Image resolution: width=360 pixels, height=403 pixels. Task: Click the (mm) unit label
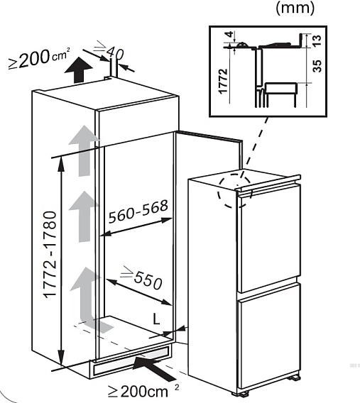click(295, 8)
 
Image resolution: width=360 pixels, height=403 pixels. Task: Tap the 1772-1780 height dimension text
click(50, 255)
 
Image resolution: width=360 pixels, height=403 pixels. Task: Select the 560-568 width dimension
click(138, 211)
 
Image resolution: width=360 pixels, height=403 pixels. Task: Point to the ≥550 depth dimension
click(143, 277)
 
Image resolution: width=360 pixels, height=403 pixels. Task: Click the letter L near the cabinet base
click(156, 319)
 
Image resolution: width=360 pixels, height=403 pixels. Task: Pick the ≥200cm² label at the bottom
click(143, 391)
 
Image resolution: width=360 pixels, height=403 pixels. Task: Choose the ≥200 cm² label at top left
click(39, 58)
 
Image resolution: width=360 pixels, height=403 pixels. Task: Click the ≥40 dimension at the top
click(109, 50)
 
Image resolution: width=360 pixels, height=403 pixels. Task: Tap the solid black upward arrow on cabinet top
click(78, 70)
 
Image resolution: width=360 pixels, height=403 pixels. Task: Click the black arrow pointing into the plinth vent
click(154, 368)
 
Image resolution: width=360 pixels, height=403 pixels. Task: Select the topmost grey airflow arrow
click(84, 150)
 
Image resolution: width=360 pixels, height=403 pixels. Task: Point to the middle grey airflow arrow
click(84, 216)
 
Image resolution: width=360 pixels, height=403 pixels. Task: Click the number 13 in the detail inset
click(317, 40)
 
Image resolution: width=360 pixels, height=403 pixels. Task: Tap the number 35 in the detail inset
click(317, 66)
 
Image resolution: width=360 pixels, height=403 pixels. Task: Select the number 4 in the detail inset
click(229, 34)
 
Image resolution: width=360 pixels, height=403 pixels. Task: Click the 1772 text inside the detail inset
click(223, 81)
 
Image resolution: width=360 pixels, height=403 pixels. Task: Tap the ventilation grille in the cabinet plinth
click(131, 360)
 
